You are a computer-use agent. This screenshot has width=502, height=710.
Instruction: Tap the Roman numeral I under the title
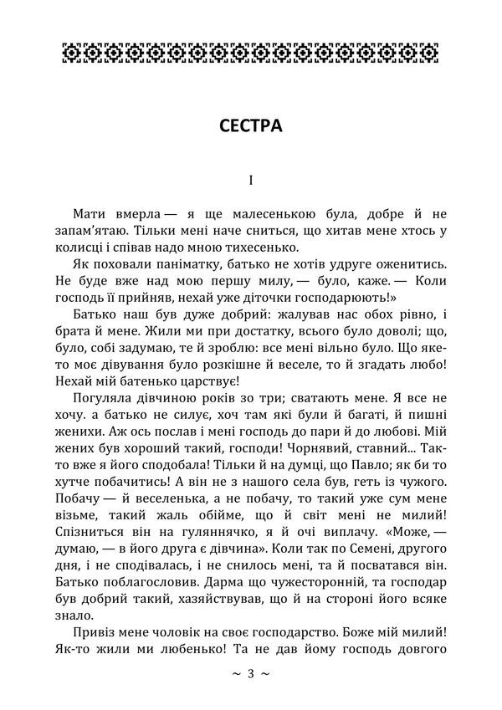[x=250, y=180]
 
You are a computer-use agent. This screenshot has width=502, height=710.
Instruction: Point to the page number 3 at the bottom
[x=251, y=673]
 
